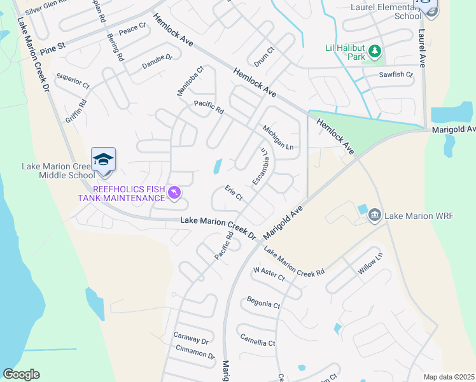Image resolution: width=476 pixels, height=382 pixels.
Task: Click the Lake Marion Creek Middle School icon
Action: coord(103,159)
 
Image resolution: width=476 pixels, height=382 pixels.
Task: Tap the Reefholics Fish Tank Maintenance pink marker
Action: coord(174,192)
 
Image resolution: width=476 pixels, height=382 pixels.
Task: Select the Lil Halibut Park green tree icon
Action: coord(375,50)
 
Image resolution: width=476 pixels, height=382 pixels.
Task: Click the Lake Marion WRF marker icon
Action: coord(374,216)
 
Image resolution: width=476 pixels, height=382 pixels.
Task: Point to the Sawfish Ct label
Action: coord(396,74)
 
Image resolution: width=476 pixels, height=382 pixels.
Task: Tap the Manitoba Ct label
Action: coord(190,81)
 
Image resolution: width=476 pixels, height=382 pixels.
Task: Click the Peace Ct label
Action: coord(132,29)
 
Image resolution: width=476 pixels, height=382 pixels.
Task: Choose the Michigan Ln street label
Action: coord(278,138)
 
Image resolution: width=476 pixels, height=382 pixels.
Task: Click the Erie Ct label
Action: coord(234,193)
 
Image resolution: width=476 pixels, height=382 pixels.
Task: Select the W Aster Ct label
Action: coord(269,274)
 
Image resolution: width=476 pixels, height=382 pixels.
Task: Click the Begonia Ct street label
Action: coord(263,304)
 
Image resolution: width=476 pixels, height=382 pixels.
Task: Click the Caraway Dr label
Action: coord(191,339)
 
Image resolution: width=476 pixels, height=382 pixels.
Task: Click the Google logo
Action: coord(22,374)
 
